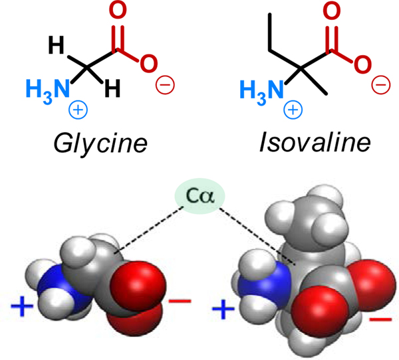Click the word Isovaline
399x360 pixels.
(303, 143)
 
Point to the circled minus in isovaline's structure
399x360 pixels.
(380, 84)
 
